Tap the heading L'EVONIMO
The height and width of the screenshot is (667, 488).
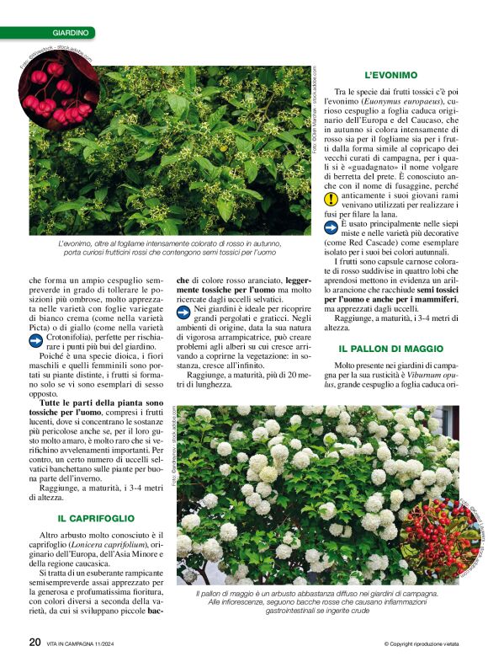390,75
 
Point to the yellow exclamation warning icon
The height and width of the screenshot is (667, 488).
332,200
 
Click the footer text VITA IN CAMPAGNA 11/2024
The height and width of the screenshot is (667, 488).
94,645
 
